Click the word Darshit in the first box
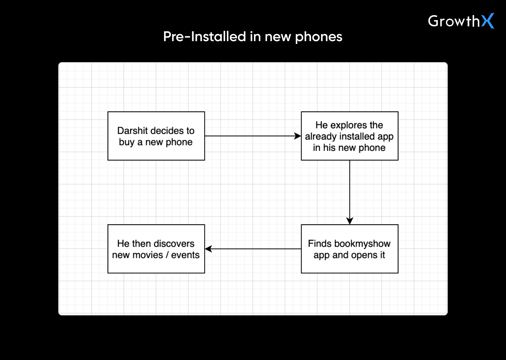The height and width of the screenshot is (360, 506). click(132, 131)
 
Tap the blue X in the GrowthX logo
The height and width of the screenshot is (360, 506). click(488, 21)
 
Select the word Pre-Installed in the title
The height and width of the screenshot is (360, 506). click(205, 37)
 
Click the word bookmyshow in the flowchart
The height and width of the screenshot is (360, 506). click(362, 244)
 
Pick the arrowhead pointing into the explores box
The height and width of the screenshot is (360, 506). click(298, 136)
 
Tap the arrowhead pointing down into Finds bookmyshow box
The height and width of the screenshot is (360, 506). click(350, 221)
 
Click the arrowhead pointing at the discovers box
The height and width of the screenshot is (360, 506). click(208, 249)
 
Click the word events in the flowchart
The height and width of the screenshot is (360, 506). click(185, 255)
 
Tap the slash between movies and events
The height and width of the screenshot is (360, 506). click(167, 255)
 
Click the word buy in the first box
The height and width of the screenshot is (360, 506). click(126, 142)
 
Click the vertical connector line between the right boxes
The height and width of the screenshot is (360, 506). click(350, 190)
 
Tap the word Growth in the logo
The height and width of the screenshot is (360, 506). click(454, 21)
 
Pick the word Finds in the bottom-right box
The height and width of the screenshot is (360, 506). click(320, 244)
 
